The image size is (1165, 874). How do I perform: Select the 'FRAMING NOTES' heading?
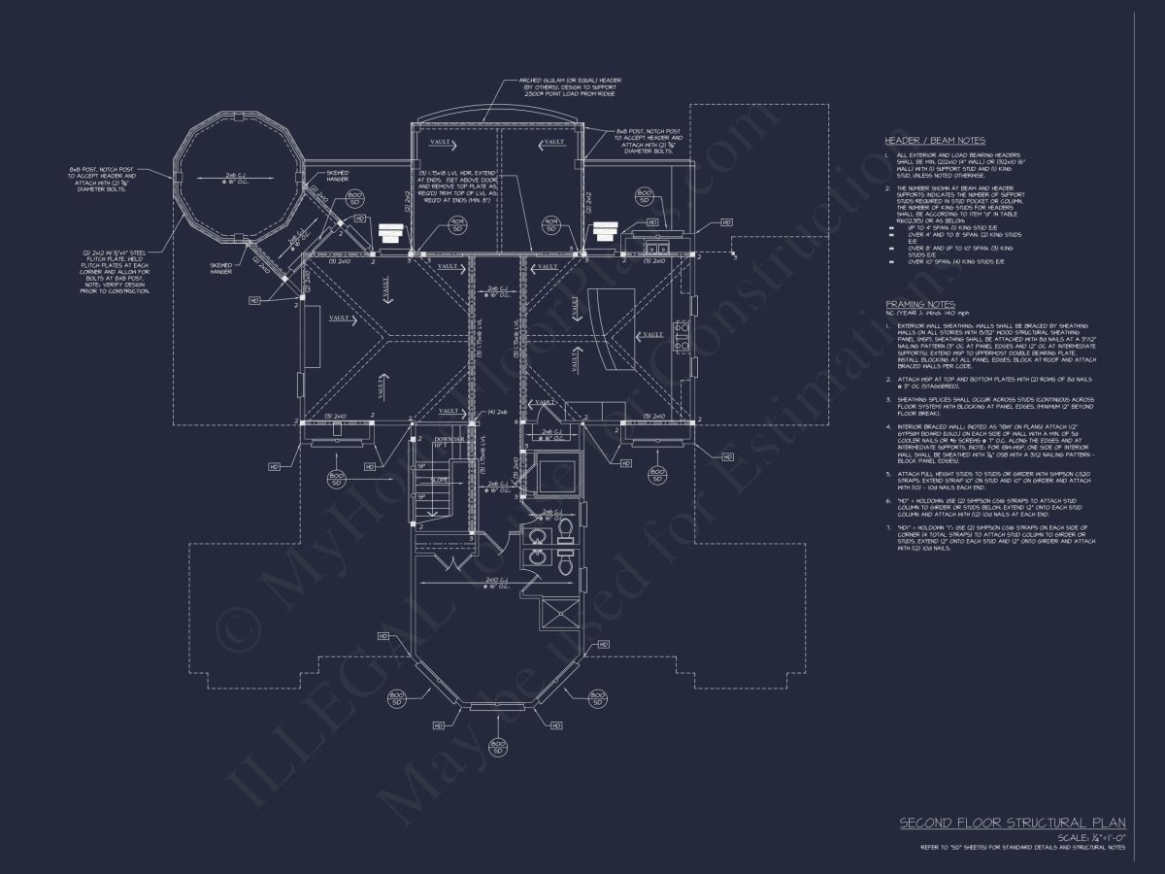(919, 304)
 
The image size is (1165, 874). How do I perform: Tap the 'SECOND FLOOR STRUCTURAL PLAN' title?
(1013, 823)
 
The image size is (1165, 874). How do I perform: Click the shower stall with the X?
(559, 615)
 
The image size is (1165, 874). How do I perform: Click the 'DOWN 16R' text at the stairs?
(434, 440)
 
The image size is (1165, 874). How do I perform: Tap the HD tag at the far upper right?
(727, 223)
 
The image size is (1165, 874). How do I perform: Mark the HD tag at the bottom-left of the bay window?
(439, 725)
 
